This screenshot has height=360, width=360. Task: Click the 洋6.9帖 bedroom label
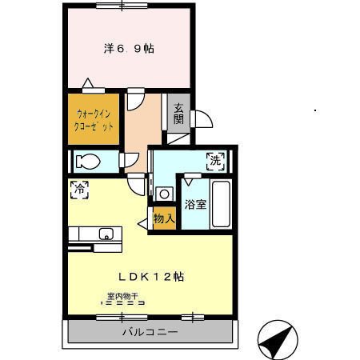coord(129,49)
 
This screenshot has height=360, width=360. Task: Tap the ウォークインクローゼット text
coord(94,120)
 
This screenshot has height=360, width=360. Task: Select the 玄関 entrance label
coord(178,113)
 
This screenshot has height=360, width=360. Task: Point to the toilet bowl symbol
coord(88,162)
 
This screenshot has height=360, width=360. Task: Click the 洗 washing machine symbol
coord(215,161)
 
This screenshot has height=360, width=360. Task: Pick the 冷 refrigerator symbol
coord(79,190)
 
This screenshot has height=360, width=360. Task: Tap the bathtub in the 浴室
coord(221,204)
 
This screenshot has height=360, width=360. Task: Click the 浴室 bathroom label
coord(195,205)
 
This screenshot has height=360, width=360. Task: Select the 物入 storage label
coord(164,218)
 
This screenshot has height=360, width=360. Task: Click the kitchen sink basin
coord(106,234)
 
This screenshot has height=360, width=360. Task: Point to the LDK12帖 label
coord(151,277)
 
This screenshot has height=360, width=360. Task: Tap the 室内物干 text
coord(122,296)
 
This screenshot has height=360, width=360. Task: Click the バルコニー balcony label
coord(150,332)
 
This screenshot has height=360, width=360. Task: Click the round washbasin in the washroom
coord(164,194)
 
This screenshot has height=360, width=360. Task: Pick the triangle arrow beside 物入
coord(142,224)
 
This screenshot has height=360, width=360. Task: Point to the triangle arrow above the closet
coord(88,83)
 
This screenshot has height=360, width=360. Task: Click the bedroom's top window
coord(122,6)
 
